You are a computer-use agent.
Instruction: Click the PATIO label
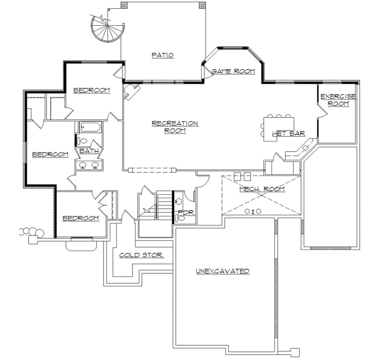click(x=162, y=55)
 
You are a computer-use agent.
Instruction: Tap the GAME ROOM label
click(x=233, y=71)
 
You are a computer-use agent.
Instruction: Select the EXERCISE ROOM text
click(x=334, y=100)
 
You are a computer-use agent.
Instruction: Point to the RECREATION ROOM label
click(x=175, y=127)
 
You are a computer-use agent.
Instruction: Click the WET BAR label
click(x=288, y=134)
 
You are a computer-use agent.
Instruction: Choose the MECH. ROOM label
click(x=262, y=189)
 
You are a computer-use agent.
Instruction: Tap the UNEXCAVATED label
click(x=222, y=271)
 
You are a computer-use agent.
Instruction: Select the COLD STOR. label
click(x=142, y=255)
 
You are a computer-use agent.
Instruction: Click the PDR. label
click(x=185, y=213)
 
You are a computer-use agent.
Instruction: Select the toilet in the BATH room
click(x=83, y=141)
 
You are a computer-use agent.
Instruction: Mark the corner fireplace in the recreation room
click(x=132, y=90)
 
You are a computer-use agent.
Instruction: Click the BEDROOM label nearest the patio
click(x=92, y=90)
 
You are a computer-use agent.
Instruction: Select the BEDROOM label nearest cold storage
click(x=80, y=218)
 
